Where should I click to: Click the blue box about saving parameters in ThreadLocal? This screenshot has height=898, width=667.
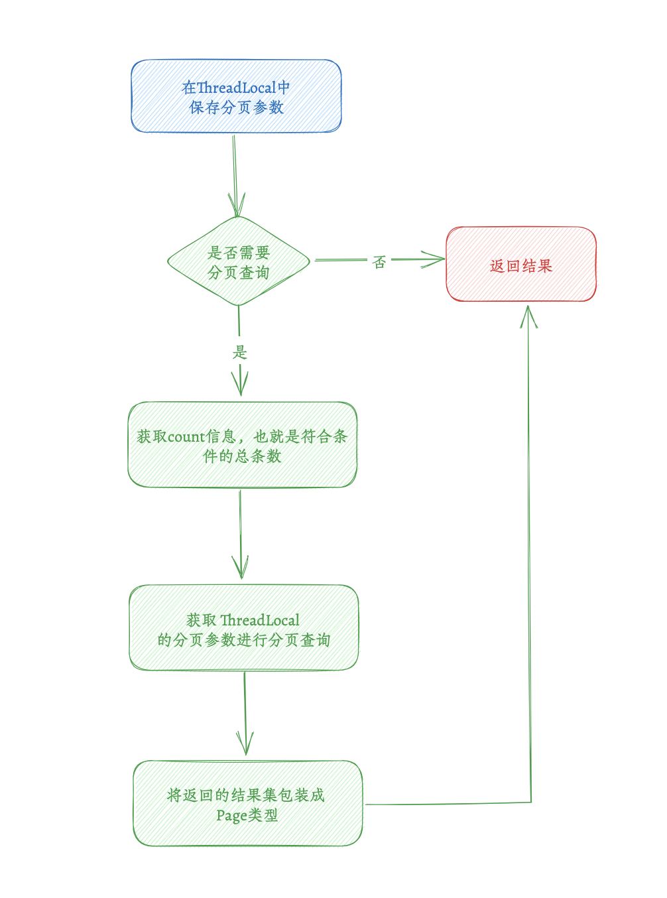(236, 96)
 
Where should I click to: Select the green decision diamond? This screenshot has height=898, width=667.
(239, 261)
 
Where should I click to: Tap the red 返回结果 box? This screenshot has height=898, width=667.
(521, 265)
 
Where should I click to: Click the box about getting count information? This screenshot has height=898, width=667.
(242, 445)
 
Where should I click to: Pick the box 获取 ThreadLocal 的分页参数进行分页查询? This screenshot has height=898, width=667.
(243, 627)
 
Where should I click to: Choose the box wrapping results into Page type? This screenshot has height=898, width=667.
(247, 803)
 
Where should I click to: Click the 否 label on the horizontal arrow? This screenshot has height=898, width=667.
(379, 262)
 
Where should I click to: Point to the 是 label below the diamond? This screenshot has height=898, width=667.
(240, 352)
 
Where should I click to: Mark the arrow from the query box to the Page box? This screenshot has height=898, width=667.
(245, 713)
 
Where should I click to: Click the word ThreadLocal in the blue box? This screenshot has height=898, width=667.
(237, 88)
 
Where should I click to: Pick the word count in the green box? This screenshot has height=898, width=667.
(186, 436)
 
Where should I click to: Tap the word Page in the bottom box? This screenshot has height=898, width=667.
(231, 815)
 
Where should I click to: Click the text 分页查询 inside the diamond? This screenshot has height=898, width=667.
(239, 273)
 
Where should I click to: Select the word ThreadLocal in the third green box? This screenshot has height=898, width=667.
(260, 620)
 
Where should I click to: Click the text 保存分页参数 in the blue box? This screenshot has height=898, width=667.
(237, 107)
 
